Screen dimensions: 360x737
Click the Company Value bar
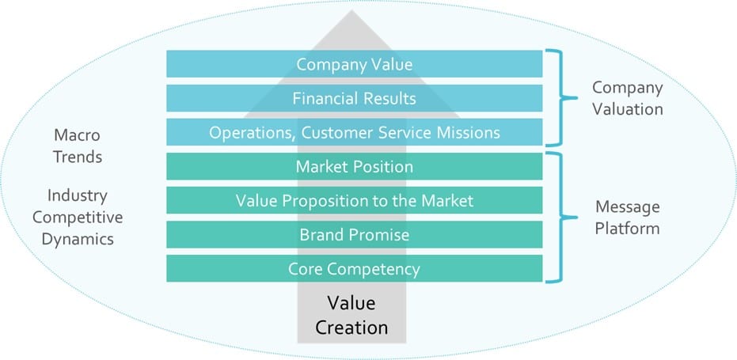click(354, 64)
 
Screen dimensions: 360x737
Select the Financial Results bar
click(354, 98)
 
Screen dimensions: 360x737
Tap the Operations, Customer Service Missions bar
click(354, 132)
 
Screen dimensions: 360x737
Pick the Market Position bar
click(354, 167)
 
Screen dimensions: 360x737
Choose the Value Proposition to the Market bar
click(354, 201)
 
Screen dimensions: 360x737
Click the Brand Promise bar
click(354, 235)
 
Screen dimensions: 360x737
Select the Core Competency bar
click(354, 269)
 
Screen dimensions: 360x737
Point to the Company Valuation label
click(627, 97)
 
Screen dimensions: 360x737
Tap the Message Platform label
click(627, 218)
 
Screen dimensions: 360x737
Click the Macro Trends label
click(78, 146)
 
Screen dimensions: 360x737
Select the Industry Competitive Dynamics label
click(78, 216)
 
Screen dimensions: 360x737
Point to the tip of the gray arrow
click(354, 13)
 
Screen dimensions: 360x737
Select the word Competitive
click(78, 217)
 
